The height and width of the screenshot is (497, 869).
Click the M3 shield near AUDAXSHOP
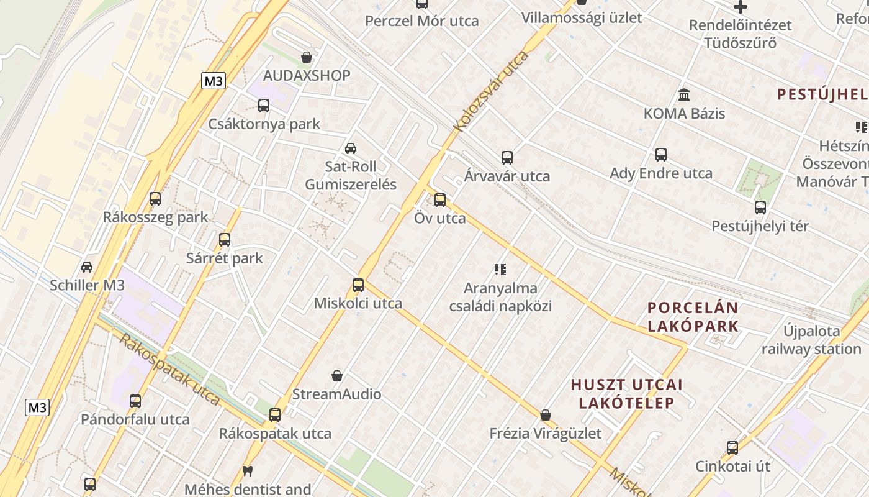click(x=214, y=81)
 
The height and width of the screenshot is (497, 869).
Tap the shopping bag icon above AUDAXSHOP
click(x=307, y=57)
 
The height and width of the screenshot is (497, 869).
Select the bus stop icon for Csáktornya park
click(x=264, y=106)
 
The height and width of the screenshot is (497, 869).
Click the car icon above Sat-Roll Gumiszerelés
click(x=351, y=148)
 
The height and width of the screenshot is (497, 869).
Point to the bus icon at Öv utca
click(x=440, y=200)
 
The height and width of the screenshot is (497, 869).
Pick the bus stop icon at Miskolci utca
click(x=358, y=285)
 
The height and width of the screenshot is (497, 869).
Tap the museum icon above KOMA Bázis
click(x=684, y=95)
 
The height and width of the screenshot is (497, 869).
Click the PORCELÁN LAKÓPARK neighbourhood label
click(x=693, y=317)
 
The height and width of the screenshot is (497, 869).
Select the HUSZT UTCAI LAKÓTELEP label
click(x=627, y=393)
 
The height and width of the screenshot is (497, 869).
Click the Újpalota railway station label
click(x=811, y=339)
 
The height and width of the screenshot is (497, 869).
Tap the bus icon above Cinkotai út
click(x=732, y=448)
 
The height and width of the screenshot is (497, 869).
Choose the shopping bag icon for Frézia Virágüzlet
click(x=546, y=415)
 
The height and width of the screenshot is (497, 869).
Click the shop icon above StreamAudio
click(x=337, y=376)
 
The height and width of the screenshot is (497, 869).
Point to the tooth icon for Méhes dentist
click(x=248, y=472)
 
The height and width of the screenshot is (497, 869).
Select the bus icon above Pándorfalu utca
click(x=135, y=401)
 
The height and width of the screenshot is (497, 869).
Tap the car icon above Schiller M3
click(x=87, y=267)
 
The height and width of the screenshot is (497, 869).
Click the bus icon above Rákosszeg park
click(x=155, y=199)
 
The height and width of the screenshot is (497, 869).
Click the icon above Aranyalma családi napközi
click(x=500, y=270)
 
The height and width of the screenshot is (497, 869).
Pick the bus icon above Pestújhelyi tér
click(x=760, y=207)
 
